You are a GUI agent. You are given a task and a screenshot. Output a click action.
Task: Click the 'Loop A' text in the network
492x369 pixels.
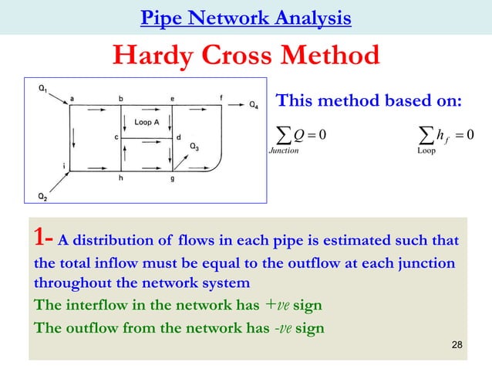[147, 122]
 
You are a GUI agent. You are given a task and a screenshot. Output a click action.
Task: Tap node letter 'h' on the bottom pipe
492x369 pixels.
[120, 178]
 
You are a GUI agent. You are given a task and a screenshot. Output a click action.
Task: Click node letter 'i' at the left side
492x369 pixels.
[63, 165]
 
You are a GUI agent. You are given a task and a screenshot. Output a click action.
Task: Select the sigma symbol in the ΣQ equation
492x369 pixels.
[284, 135]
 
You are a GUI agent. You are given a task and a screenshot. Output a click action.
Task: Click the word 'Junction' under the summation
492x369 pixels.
[283, 151]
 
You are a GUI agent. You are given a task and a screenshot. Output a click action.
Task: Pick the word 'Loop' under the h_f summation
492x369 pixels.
[426, 151]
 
